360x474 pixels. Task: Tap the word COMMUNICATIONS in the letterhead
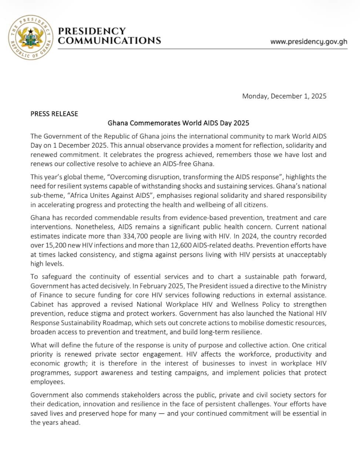pyautogui.click(x=110, y=41)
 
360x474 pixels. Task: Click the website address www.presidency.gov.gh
pyautogui.click(x=309, y=41)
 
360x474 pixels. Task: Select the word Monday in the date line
pyautogui.click(x=255, y=96)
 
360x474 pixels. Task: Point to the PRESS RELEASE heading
pyautogui.click(x=54, y=114)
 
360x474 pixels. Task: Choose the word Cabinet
pyautogui.click(x=42, y=304)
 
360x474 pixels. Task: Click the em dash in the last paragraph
pyautogui.click(x=162, y=413)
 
